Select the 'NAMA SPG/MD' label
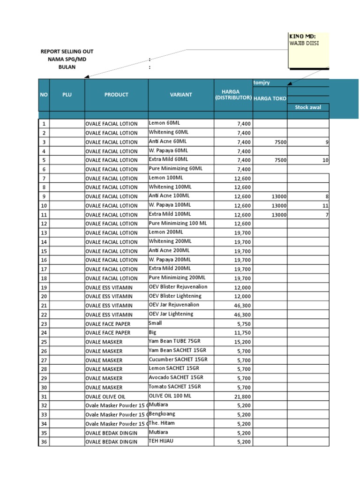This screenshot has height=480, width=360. [x=67, y=59]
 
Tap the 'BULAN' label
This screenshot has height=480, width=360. [x=67, y=67]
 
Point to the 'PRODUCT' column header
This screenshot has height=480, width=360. [x=116, y=95]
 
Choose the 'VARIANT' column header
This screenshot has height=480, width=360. [x=181, y=95]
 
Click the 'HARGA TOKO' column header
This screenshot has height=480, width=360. [x=270, y=98]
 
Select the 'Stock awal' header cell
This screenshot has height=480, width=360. [x=307, y=107]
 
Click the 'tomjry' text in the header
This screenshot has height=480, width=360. [x=262, y=83]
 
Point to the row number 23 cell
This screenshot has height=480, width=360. [x=44, y=323]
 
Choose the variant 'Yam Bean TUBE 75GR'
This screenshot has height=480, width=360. [x=172, y=341]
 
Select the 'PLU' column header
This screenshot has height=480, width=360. [x=67, y=95]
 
